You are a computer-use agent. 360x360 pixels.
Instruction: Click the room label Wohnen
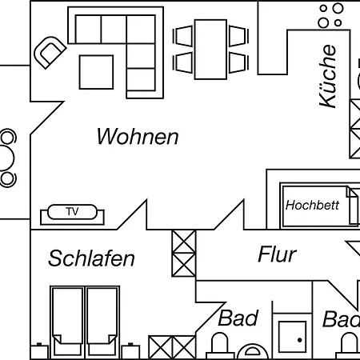[x=137, y=137]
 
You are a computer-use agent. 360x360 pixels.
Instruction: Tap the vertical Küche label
[x=329, y=77]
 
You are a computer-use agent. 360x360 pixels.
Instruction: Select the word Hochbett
[x=312, y=205]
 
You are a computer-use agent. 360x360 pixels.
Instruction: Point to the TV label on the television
[x=72, y=212]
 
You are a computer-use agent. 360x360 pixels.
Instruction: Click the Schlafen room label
[x=91, y=258]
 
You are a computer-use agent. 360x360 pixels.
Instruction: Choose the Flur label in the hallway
[x=277, y=255]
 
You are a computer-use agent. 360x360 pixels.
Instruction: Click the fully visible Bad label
[x=238, y=318]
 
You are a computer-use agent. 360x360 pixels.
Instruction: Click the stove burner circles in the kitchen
[x=330, y=15]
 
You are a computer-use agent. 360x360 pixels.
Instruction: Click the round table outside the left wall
[x=8, y=157]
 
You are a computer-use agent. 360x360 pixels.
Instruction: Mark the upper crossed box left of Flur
[x=184, y=242]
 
